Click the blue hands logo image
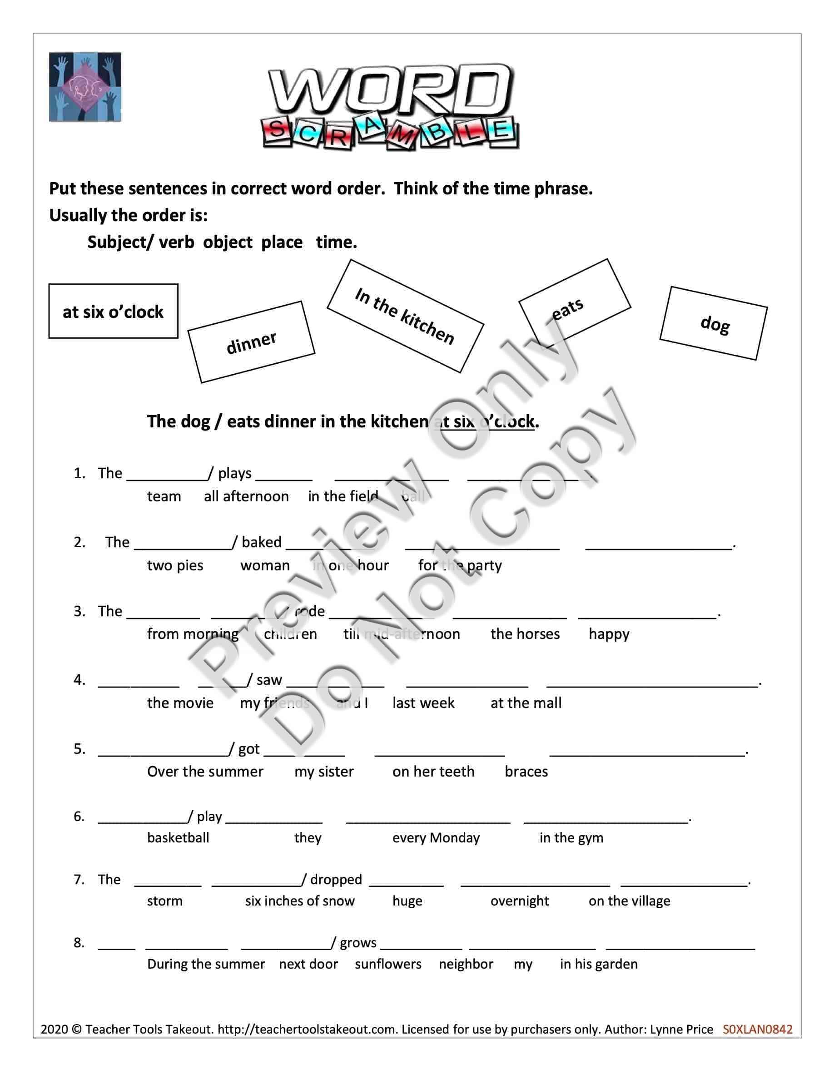coord(85,87)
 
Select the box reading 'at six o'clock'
coord(113,311)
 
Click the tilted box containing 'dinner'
coord(251,342)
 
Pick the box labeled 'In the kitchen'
coord(405,316)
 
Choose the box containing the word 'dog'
coord(714,323)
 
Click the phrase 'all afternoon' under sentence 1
coord(246,496)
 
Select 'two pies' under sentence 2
coord(175,565)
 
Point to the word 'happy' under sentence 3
coord(609,634)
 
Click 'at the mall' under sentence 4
coord(526,703)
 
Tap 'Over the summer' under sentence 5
coord(205,771)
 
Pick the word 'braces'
coord(526,771)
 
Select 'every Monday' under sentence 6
coord(436,837)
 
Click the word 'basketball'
coord(178,837)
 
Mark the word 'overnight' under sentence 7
coord(519,901)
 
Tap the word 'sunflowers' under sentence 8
coord(388,964)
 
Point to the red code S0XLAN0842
coord(757,1029)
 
